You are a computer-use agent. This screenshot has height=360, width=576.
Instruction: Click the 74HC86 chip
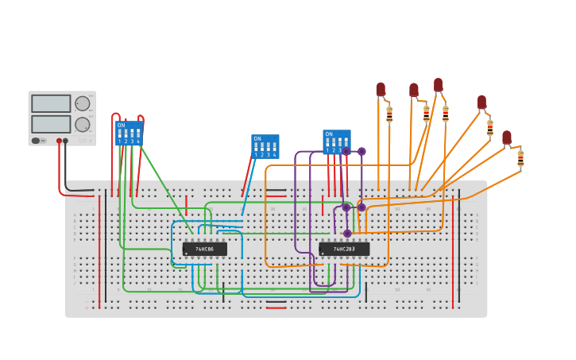coord(204,249)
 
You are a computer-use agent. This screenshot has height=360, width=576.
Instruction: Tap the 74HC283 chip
coord(344,249)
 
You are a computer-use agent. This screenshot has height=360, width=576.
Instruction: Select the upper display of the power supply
coord(51,103)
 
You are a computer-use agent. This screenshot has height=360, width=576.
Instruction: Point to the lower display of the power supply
coord(51,124)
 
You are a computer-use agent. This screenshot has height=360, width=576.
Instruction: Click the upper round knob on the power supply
coord(83,103)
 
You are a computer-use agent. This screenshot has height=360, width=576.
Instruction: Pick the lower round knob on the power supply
coord(83,124)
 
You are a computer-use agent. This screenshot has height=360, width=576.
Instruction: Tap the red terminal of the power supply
coord(59,141)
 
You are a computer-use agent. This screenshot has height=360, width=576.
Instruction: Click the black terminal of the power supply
coord(65,141)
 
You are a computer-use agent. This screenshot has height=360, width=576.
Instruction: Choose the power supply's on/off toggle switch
coord(37,141)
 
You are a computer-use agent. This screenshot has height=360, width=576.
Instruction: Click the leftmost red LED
coord(381,89)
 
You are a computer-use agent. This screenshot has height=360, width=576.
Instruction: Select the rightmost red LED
coord(507,137)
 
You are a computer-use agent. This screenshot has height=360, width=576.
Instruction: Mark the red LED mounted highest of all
coord(438,83)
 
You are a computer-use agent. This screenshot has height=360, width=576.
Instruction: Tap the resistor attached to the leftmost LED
coord(389,115)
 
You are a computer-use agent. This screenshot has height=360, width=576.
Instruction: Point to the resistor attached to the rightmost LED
coord(520,157)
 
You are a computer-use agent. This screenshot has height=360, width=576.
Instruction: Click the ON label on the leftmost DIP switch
coord(121,126)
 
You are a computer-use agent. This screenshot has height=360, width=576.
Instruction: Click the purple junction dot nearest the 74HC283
coord(347,234)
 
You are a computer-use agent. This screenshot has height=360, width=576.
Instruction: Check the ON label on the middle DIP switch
coord(257,139)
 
